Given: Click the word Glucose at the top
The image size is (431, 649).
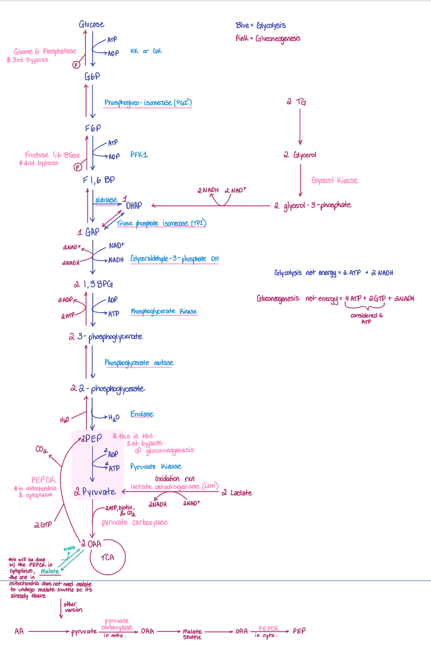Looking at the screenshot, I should pyautogui.click(x=91, y=25).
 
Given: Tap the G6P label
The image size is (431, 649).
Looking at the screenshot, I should pyautogui.click(x=92, y=76).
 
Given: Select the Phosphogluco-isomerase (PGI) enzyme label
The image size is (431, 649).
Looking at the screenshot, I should pyautogui.click(x=148, y=103).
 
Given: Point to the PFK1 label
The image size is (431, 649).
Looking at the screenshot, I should pyautogui.click(x=139, y=156).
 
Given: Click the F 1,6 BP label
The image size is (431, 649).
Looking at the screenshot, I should pyautogui.click(x=99, y=180).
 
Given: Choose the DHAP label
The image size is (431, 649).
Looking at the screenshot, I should pyautogui.click(x=134, y=205).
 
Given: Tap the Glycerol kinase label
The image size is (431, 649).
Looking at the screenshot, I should pyautogui.click(x=335, y=180).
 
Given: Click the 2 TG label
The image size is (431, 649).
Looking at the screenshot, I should pyautogui.click(x=296, y=102).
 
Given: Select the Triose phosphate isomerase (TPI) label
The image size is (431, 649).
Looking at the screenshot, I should pyautogui.click(x=161, y=223).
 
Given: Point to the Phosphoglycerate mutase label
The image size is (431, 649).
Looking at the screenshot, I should pyautogui.click(x=139, y=362).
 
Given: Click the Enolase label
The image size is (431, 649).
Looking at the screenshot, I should pyautogui.click(x=142, y=414).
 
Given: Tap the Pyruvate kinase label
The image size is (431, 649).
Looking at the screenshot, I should pyautogui.click(x=156, y=467).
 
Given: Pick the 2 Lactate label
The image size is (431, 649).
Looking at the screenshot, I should pyautogui.click(x=237, y=493).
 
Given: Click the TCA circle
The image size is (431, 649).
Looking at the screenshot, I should pyautogui.click(x=107, y=557).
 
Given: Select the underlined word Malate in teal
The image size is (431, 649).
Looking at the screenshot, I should pyautogui.click(x=50, y=571).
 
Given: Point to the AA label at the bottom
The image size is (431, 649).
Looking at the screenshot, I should pyautogui.click(x=19, y=631).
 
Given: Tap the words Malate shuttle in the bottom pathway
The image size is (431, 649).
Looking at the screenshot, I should pyautogui.click(x=192, y=634).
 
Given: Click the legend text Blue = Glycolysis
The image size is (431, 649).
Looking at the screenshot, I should pyautogui.click(x=261, y=26).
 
